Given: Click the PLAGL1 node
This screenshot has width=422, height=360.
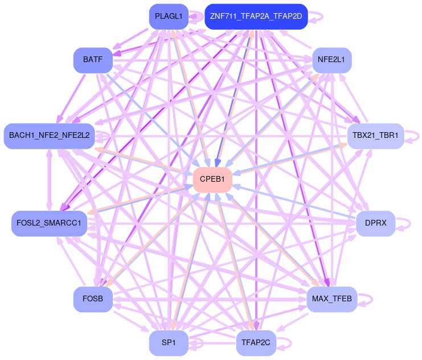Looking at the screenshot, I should (x=169, y=17).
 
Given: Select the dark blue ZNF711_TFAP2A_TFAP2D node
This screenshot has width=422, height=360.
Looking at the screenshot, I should (x=256, y=17).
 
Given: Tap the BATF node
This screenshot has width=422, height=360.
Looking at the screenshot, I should (x=93, y=60).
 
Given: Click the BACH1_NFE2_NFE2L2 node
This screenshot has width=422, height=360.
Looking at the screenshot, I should (x=50, y=136).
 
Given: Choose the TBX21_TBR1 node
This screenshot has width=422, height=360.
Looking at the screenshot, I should (x=375, y=136).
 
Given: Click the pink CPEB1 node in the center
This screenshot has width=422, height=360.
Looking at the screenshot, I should (x=212, y=179).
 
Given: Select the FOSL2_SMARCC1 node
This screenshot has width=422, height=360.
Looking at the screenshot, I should (x=50, y=223).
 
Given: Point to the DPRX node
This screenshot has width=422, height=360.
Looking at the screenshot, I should (x=375, y=223).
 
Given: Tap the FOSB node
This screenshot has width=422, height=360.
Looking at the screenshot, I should (x=93, y=299).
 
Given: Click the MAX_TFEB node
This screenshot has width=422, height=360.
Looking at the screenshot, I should (x=331, y=299).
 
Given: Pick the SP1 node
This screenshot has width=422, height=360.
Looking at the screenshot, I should (x=169, y=343).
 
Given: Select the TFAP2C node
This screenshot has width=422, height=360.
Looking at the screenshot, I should (x=256, y=343).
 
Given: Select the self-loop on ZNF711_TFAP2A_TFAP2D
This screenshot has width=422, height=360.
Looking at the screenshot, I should (x=317, y=17).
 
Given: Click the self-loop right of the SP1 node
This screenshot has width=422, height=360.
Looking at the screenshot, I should (x=197, y=343).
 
